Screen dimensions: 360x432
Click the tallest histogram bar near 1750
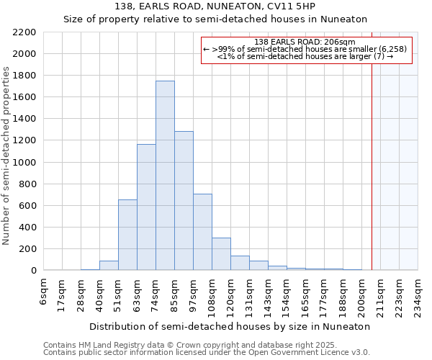165,176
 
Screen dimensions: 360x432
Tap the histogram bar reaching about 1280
184,201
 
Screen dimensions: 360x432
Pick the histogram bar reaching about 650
127,235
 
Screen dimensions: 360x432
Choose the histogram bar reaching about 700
202,232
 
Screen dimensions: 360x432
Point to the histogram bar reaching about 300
221,253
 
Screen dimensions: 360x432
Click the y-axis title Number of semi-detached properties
7,156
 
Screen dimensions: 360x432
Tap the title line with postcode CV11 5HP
216,6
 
